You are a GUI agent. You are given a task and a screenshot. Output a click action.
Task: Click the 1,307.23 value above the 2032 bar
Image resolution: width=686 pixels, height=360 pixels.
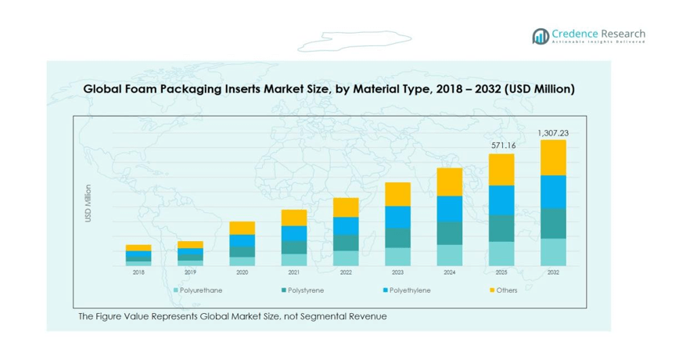pyautogui.click(x=553, y=133)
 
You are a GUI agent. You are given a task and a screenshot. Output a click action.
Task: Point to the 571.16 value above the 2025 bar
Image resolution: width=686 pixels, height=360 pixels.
pyautogui.click(x=501, y=146)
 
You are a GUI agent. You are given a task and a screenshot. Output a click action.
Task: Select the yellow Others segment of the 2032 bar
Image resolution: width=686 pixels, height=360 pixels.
pyautogui.click(x=553, y=157)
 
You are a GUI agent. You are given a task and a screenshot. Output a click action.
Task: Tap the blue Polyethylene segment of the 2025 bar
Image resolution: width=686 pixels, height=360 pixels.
pyautogui.click(x=501, y=200)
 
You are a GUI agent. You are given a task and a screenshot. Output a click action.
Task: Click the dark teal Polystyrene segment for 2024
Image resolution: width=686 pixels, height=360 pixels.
pyautogui.click(x=450, y=233)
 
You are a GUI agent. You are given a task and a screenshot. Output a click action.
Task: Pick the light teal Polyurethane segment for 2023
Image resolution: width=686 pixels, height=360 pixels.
pyautogui.click(x=398, y=257)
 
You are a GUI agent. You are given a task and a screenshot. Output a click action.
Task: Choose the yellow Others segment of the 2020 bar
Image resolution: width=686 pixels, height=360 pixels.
pyautogui.click(x=242, y=228)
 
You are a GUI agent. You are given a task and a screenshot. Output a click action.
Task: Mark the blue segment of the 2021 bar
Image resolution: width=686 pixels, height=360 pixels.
pyautogui.click(x=294, y=233)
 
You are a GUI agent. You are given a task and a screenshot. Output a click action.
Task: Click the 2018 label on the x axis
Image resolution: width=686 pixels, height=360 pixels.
pyautogui.click(x=138, y=272)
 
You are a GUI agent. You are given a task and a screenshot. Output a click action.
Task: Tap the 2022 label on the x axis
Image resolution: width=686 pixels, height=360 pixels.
pyautogui.click(x=346, y=272)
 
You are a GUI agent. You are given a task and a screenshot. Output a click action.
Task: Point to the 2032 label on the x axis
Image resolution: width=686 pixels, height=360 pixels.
pyautogui.click(x=553, y=272)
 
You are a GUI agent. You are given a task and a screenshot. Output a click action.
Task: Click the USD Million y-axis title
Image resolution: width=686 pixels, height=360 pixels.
pyautogui.click(x=88, y=203)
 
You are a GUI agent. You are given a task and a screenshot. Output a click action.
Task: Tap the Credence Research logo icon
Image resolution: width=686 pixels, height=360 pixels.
pyautogui.click(x=540, y=36)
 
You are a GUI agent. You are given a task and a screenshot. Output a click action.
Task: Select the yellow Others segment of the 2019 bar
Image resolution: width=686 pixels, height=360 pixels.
pyautogui.click(x=190, y=244)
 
